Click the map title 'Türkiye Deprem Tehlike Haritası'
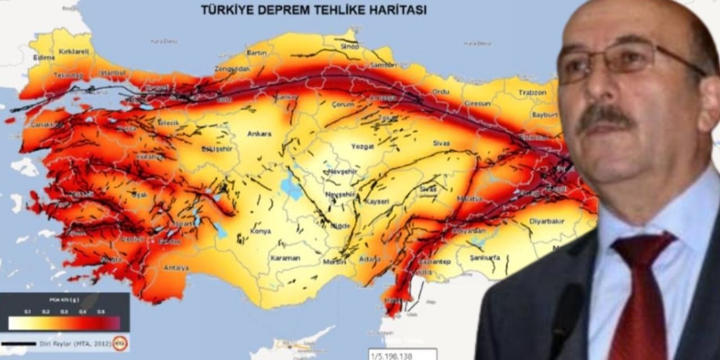(x=314, y=10)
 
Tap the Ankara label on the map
(x=259, y=134)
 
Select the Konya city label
(x=260, y=231)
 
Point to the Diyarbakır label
(x=547, y=221)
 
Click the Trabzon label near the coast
(x=533, y=92)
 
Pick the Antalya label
(x=176, y=268)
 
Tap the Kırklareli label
(x=74, y=52)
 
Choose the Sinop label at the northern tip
(x=349, y=47)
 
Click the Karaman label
(x=285, y=258)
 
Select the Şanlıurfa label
(x=485, y=258)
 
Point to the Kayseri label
(x=377, y=201)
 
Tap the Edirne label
(x=44, y=57)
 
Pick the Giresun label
(x=478, y=104)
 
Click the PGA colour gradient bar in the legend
(x=64, y=323)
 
